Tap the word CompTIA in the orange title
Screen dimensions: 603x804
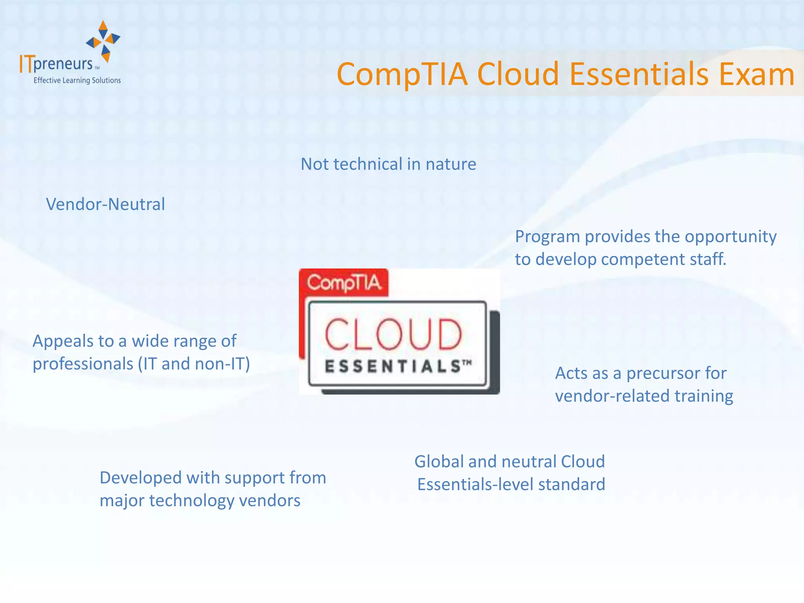tap(402, 75)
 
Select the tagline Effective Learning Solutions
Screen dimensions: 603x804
tap(77, 80)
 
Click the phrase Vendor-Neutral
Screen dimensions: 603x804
tap(105, 204)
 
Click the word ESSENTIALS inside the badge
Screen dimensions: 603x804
tap(393, 366)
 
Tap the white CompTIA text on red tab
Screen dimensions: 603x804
tap(344, 283)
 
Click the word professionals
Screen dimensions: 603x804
tap(83, 364)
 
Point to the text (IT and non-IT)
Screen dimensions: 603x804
tap(194, 364)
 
